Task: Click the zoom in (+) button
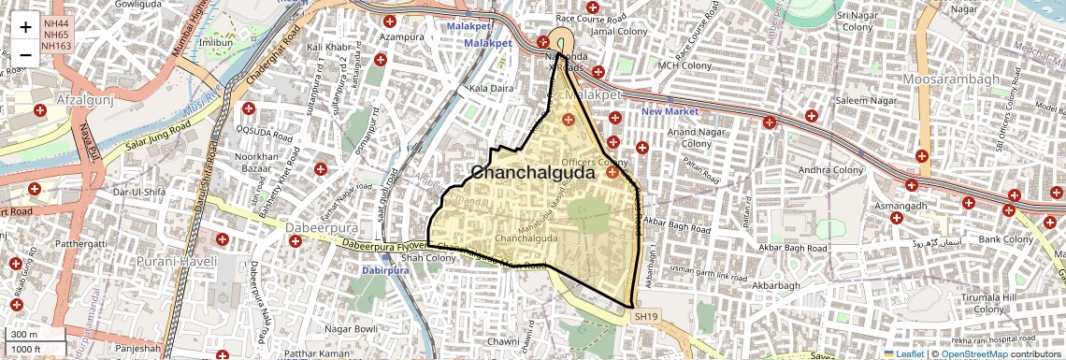pyautogui.click(x=25, y=27)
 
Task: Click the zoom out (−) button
pyautogui.click(x=25, y=54)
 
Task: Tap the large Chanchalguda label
pyautogui.click(x=533, y=173)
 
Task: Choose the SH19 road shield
pyautogui.click(x=645, y=317)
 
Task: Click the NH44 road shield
pyautogui.click(x=56, y=23)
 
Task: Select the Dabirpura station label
pyautogui.click(x=385, y=270)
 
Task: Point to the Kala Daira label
pyautogui.click(x=492, y=88)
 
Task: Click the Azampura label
pyautogui.click(x=403, y=36)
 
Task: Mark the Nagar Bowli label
pyautogui.click(x=351, y=329)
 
